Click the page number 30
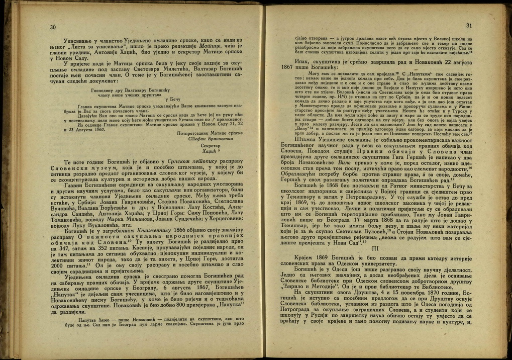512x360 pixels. pos(53,27)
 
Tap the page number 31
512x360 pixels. pos(469,25)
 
